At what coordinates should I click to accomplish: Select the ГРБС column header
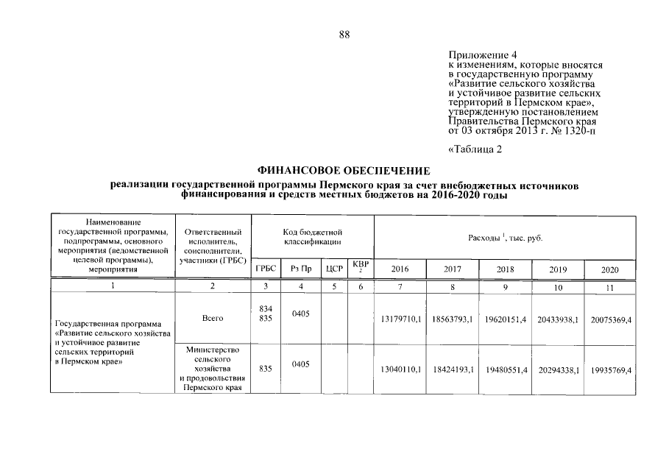coord(266,269)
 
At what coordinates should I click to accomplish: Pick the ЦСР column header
coord(335,269)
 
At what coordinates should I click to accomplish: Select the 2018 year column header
coord(506,269)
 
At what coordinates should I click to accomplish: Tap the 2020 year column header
coord(609,270)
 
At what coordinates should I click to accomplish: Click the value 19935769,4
coord(610,369)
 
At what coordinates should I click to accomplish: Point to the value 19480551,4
coord(506,369)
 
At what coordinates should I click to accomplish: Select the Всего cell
coord(212,318)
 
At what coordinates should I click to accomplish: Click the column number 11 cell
coord(609,287)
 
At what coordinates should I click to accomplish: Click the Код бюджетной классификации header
coord(313,237)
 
